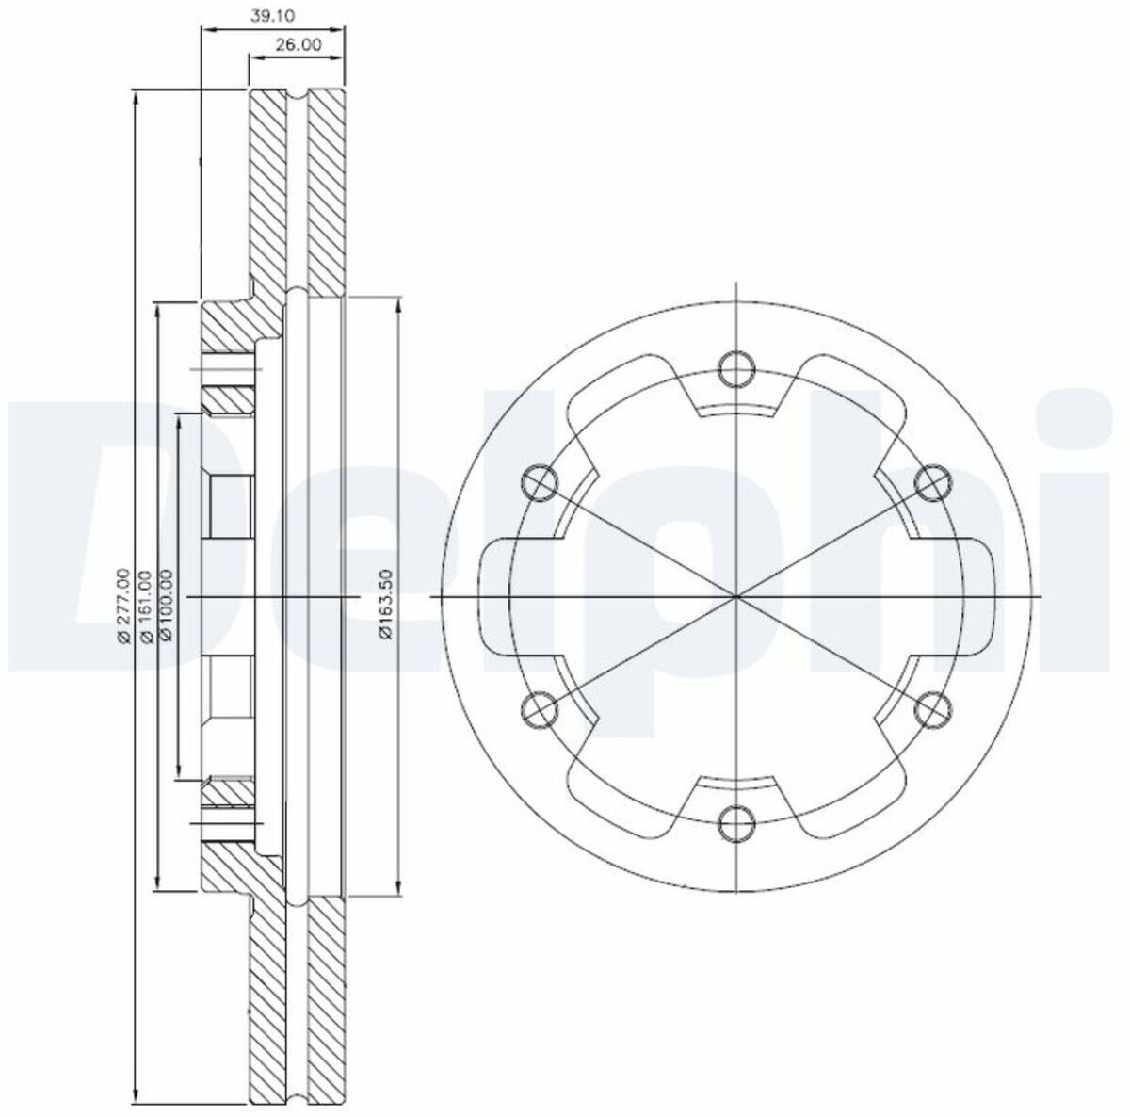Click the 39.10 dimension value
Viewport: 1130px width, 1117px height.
272,16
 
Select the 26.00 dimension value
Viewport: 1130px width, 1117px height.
299,44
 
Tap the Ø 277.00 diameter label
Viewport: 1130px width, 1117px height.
123,607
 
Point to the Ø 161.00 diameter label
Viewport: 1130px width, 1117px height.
146,607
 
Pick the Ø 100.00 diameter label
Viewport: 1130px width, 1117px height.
167,607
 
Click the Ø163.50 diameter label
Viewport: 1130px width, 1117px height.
386,605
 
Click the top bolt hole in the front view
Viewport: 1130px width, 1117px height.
736,369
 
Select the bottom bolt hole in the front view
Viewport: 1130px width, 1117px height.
736,824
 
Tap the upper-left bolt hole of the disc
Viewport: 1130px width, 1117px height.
539,483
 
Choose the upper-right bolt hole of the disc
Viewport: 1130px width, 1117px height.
933,483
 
